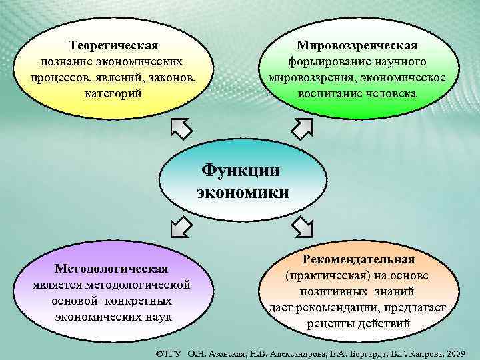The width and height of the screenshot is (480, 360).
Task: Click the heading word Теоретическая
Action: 113,45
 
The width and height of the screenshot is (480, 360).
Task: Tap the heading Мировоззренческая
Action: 357,45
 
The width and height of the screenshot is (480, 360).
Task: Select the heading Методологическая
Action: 111,269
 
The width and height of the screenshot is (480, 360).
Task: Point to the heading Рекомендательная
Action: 359,259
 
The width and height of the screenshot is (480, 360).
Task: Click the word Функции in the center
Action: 241,169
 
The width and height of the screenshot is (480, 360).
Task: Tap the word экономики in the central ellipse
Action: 243,193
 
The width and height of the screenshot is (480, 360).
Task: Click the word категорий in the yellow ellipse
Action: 113,93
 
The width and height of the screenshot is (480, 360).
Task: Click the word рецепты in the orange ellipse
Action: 329,323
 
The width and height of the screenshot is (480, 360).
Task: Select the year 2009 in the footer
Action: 460,352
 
